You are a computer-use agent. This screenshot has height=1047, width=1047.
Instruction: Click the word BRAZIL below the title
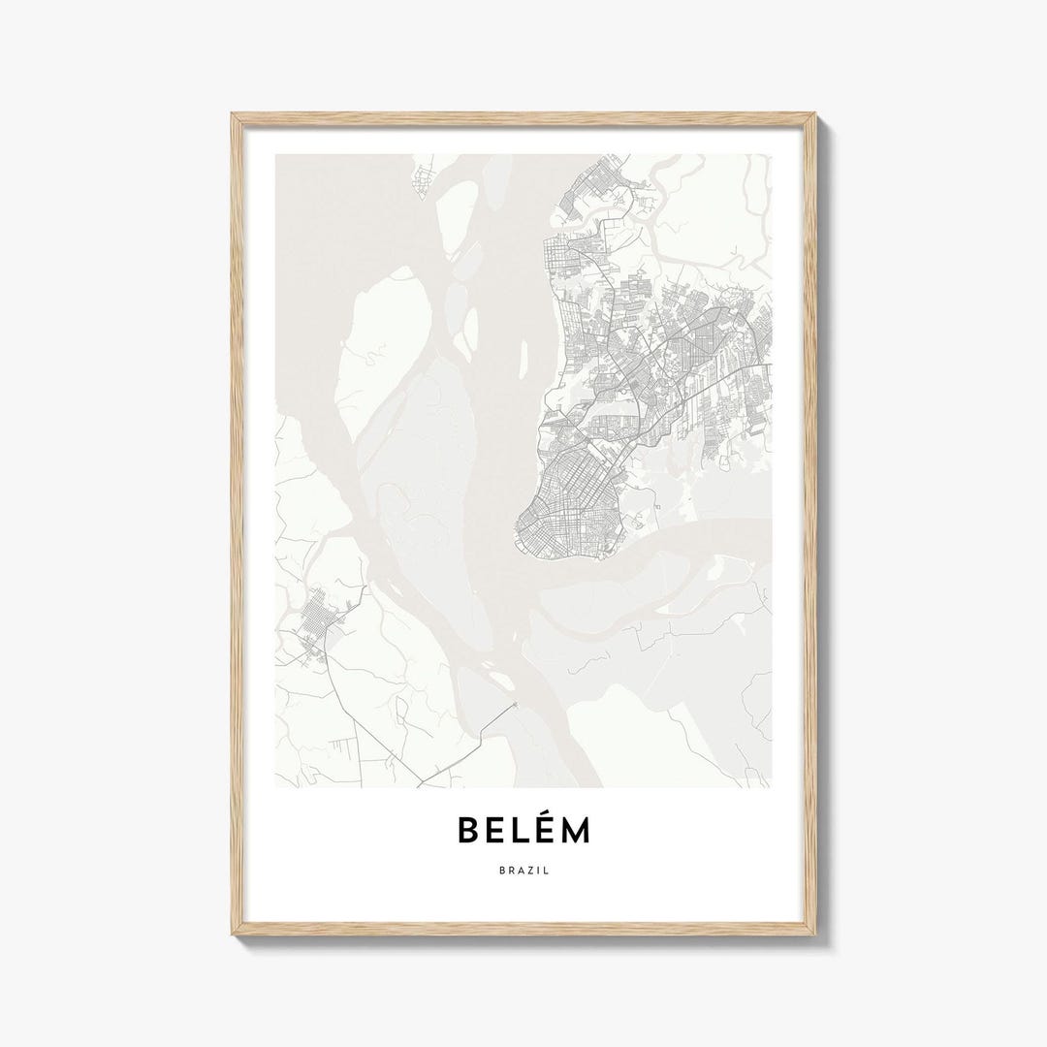tap(523, 872)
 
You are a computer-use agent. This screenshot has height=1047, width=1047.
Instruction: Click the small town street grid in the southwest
tap(315, 625)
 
